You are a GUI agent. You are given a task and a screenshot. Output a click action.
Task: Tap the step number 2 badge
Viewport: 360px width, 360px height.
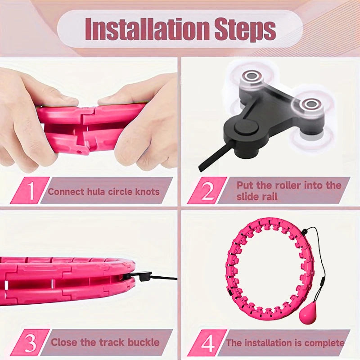point(207,191)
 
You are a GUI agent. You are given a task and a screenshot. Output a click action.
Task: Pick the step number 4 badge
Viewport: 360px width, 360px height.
point(207,343)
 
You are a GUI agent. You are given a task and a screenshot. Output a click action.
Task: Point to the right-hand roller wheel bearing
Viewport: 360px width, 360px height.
point(310,104)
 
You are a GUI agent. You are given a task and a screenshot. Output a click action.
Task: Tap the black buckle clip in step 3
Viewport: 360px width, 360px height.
point(143,276)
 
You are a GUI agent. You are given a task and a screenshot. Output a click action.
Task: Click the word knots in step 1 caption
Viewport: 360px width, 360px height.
point(146,192)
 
